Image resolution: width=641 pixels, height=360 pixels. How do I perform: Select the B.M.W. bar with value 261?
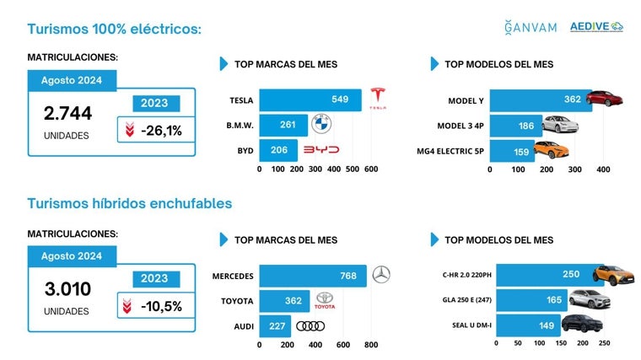(x=283, y=126)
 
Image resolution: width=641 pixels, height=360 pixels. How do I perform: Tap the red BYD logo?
(x=320, y=150)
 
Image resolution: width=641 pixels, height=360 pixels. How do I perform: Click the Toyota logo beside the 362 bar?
(x=325, y=300)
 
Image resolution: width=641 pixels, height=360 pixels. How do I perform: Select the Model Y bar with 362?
(x=540, y=100)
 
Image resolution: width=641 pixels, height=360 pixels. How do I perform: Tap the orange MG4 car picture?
(x=550, y=151)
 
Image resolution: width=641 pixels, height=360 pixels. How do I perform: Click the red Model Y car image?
(x=604, y=99)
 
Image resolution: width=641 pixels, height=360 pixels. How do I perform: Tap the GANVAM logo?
(x=530, y=27)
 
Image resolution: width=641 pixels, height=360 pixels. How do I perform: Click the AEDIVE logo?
(x=595, y=27)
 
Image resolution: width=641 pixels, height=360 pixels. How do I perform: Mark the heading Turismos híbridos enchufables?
(x=129, y=203)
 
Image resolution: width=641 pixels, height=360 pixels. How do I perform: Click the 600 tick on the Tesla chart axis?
(x=370, y=169)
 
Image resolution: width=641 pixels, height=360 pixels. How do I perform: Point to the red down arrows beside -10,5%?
(x=127, y=306)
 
